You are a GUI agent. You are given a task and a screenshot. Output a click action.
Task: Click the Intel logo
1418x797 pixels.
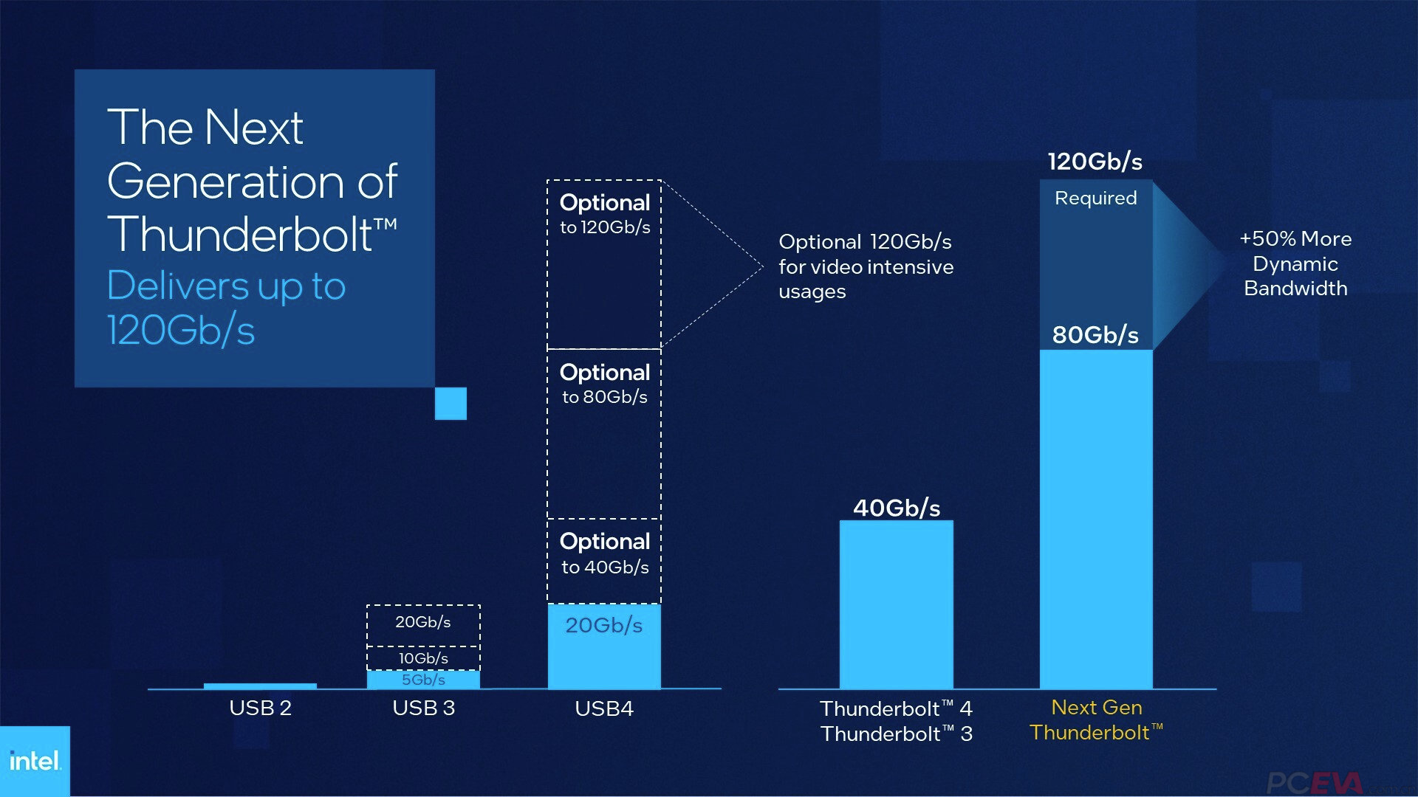pyautogui.click(x=34, y=761)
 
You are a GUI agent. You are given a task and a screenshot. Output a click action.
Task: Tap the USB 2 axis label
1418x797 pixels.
pyautogui.click(x=260, y=708)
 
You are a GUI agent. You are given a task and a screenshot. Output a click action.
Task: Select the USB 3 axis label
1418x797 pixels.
pyautogui.click(x=423, y=708)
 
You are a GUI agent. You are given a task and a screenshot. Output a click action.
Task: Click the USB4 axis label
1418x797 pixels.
pyautogui.click(x=603, y=709)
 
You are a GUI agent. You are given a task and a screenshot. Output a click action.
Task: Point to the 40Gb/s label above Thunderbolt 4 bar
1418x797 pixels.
pyautogui.click(x=897, y=508)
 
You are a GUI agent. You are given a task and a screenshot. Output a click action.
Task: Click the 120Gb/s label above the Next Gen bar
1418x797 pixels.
pyautogui.click(x=1095, y=162)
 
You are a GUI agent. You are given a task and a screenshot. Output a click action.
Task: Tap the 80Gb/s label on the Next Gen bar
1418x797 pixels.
pyautogui.click(x=1095, y=335)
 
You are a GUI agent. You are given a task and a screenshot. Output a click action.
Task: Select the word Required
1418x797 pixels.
pyautogui.click(x=1095, y=199)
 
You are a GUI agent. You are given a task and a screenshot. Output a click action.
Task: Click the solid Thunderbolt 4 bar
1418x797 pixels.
pyautogui.click(x=896, y=605)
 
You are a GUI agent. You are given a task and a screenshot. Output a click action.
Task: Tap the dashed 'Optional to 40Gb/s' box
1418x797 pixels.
pyautogui.click(x=603, y=561)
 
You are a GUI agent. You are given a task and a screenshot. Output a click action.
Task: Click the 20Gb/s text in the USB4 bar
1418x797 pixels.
pyautogui.click(x=603, y=626)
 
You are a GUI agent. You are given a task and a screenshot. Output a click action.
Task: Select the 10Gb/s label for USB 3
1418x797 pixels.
pyautogui.click(x=423, y=658)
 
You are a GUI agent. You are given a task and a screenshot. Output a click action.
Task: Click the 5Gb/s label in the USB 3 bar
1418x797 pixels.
pyautogui.click(x=423, y=680)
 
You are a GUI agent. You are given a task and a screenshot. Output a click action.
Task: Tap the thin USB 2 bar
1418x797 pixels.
pyautogui.click(x=260, y=686)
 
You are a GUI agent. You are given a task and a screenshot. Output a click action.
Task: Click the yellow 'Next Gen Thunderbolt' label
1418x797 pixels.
pyautogui.click(x=1096, y=720)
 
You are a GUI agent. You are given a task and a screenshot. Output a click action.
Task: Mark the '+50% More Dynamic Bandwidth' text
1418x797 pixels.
pyautogui.click(x=1295, y=263)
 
